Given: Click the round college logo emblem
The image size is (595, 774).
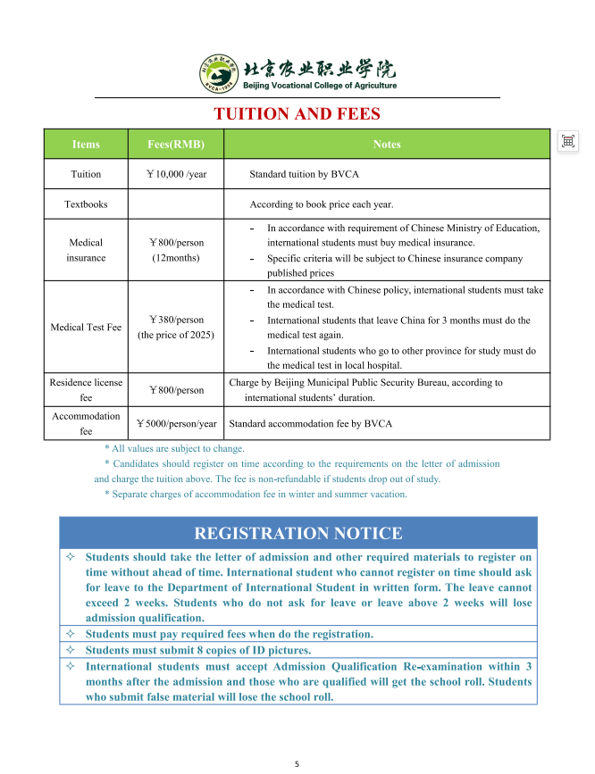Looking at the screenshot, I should click(218, 74).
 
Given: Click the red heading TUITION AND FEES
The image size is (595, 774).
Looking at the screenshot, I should click(297, 114).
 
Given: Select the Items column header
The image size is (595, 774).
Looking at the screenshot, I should click(86, 145).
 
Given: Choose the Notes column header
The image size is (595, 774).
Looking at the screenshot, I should click(386, 145).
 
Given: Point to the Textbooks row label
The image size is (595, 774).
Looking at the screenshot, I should click(86, 204).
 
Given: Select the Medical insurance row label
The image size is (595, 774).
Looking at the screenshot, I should click(86, 250).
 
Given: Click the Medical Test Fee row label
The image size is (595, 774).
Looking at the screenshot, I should click(86, 328).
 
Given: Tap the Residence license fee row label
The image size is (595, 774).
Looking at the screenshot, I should click(86, 390).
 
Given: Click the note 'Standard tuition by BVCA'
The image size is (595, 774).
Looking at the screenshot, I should click(304, 174).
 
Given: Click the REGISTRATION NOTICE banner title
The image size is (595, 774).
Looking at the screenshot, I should click(297, 534).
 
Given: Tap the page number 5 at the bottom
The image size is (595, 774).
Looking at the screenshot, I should click(297, 764).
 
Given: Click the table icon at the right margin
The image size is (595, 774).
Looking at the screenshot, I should click(567, 141).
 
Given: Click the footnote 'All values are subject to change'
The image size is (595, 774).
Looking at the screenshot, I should click(174, 449).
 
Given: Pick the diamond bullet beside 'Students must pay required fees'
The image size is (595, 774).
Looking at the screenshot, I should click(71, 634).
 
